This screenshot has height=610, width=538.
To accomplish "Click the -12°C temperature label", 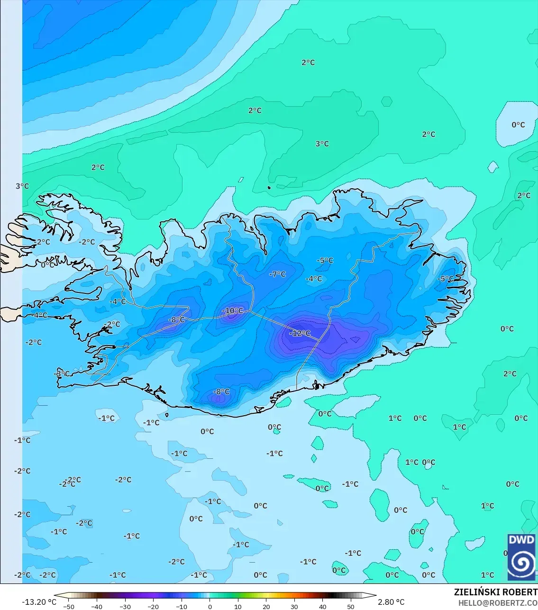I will click(300, 333).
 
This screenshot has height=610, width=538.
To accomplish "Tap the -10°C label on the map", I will click(233, 311).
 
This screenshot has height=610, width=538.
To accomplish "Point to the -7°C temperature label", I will click(277, 274).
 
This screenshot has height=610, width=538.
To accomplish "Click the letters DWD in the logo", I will click(521, 540).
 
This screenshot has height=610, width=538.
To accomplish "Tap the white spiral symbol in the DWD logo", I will click(521, 564).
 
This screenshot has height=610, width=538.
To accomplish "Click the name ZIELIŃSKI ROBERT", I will click(495, 592).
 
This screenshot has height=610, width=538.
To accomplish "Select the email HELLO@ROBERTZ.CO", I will click(498, 603).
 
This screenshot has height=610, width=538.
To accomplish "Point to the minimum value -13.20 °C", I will click(39, 602).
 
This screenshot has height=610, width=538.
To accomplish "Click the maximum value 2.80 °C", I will click(391, 602).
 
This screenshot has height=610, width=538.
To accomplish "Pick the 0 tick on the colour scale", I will click(210, 606).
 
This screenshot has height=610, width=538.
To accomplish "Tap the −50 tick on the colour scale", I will click(69, 606).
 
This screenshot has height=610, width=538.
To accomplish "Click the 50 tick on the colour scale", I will click(351, 606).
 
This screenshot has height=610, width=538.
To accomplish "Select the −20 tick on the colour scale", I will click(153, 606).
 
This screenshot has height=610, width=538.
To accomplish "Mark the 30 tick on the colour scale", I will click(294, 606).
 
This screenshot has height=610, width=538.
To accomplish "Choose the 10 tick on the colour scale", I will click(238, 606).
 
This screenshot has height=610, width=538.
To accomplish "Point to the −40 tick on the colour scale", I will click(97, 606).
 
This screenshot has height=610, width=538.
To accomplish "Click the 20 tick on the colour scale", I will click(266, 606).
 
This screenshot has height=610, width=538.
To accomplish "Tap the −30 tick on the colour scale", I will click(125, 606).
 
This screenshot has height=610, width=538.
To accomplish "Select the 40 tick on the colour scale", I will click(323, 606).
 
